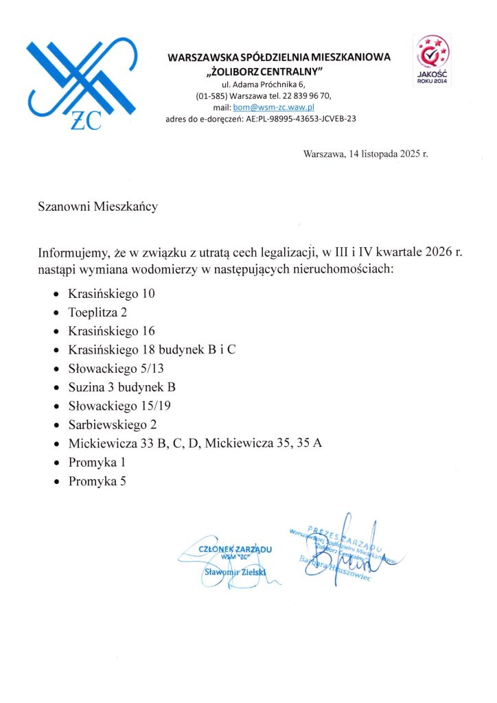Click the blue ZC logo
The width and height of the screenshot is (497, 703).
81,83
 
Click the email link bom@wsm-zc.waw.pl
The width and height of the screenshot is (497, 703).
273,107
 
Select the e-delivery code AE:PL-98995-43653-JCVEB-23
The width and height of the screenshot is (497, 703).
300,119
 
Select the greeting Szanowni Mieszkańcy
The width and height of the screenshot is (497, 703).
97,206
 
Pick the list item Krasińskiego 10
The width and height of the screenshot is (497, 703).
111,294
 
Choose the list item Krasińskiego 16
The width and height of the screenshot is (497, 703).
111,331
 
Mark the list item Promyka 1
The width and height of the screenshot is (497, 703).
97,462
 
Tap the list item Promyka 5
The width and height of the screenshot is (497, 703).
97,481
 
